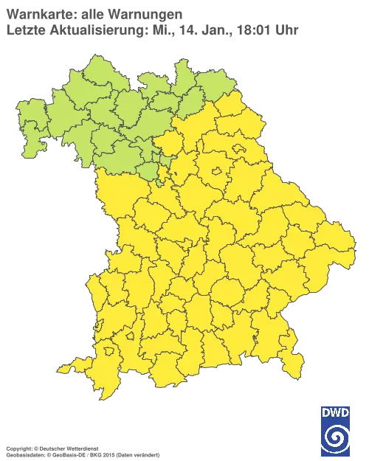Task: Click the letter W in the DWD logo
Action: [335, 412]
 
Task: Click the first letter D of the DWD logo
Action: [325, 412]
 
